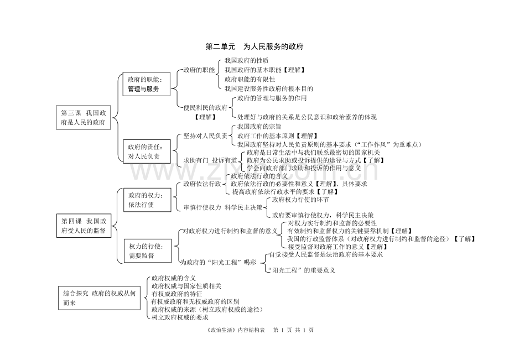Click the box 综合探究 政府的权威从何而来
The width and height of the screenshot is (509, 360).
click(x=98, y=298)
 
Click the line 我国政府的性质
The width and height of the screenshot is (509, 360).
click(x=247, y=60)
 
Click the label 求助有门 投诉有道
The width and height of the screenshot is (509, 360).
click(x=211, y=160)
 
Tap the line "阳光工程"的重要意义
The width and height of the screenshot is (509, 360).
click(x=301, y=270)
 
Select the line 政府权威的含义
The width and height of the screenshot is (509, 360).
click(x=174, y=278)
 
